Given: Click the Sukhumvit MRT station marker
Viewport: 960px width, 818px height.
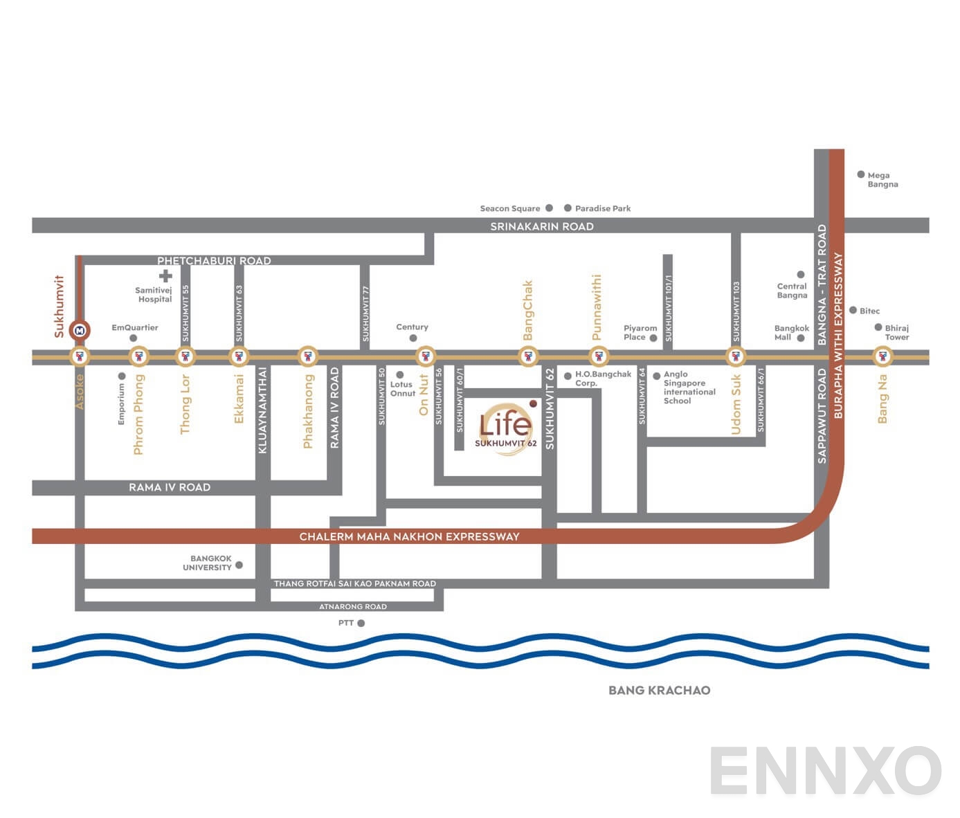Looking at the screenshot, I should (80, 330).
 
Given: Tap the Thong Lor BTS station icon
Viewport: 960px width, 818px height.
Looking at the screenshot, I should (184, 357).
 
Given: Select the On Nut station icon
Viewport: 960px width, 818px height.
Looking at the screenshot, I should (425, 357).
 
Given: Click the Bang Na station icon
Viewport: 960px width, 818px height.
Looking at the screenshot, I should (882, 357).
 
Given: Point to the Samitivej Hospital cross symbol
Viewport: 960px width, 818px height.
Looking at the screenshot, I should (165, 276).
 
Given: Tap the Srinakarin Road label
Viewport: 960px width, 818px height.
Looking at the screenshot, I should (541, 226).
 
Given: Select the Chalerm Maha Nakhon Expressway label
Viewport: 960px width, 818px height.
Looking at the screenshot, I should (409, 536).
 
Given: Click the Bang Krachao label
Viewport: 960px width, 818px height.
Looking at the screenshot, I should (659, 690).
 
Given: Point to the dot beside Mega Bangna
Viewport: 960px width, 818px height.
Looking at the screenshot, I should (861, 175).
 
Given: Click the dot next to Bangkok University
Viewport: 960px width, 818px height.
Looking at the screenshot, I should (239, 565).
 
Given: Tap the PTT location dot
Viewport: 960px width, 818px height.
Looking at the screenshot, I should (361, 624).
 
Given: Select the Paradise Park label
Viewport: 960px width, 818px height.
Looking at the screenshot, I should (602, 208).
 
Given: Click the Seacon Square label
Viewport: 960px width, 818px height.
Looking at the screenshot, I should (510, 208).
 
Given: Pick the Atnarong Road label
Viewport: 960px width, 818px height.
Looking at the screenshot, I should (352, 607).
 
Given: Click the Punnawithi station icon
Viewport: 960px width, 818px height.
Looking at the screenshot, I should (599, 357).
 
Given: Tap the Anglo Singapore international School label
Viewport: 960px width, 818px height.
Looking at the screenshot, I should (689, 388).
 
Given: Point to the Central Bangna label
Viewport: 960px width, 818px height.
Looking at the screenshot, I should (792, 291).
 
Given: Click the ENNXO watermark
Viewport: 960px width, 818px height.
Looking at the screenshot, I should (824, 771).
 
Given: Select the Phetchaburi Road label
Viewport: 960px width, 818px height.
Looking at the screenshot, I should (214, 261).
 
